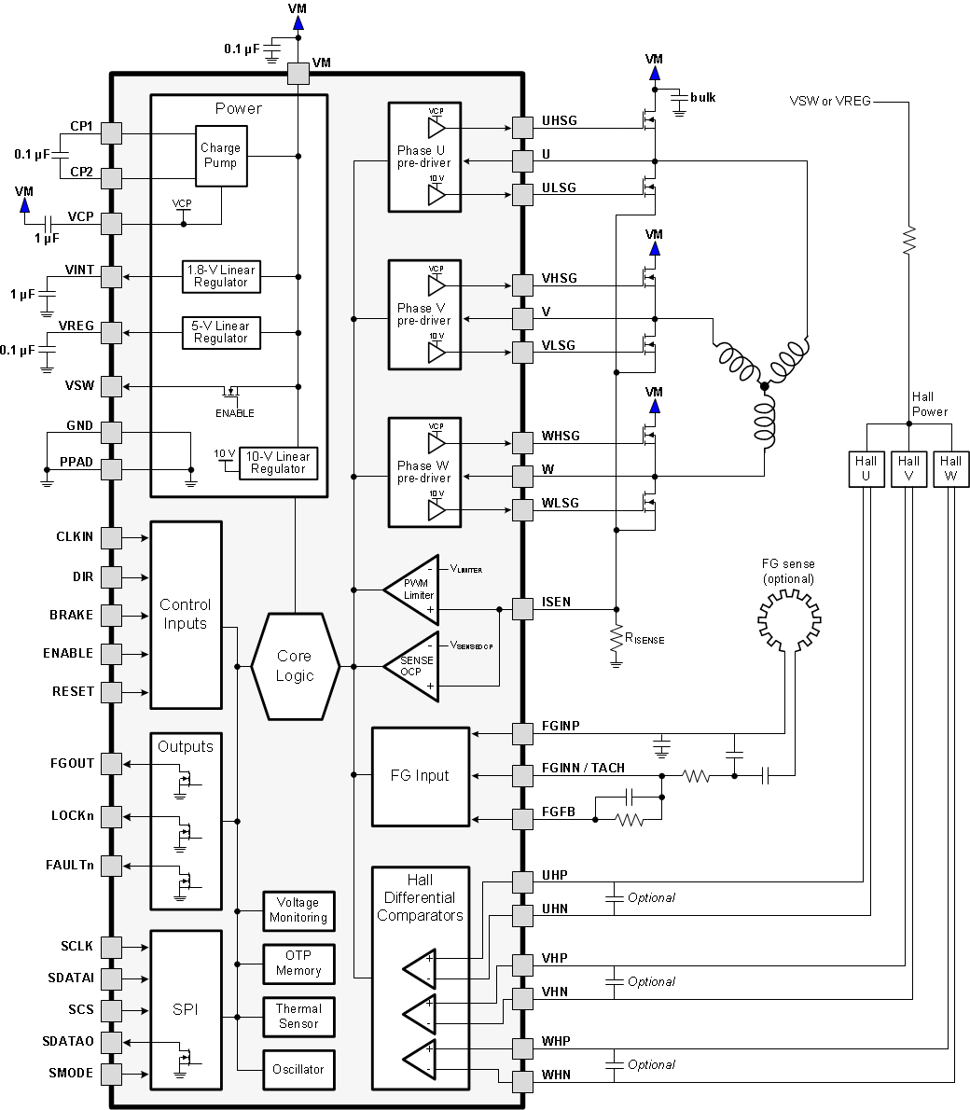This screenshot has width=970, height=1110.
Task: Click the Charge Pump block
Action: [220, 156]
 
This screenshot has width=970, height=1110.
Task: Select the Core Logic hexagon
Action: [295, 666]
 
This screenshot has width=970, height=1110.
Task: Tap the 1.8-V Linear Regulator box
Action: [221, 276]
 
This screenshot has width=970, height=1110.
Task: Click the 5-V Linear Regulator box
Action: [221, 332]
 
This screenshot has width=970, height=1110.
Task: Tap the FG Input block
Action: [420, 776]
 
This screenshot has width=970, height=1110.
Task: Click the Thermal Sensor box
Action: [298, 1016]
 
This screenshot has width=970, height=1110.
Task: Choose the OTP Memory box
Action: [298, 964]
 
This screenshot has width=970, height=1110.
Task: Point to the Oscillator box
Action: [298, 1069]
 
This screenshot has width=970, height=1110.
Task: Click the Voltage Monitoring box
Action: [298, 910]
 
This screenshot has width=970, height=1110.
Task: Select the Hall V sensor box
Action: [908, 468]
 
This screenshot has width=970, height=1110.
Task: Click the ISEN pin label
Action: [556, 603]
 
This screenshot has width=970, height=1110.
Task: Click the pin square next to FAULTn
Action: [111, 865]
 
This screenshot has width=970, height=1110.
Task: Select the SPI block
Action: [186, 1009]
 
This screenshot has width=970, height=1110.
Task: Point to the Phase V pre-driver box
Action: [424, 314]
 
